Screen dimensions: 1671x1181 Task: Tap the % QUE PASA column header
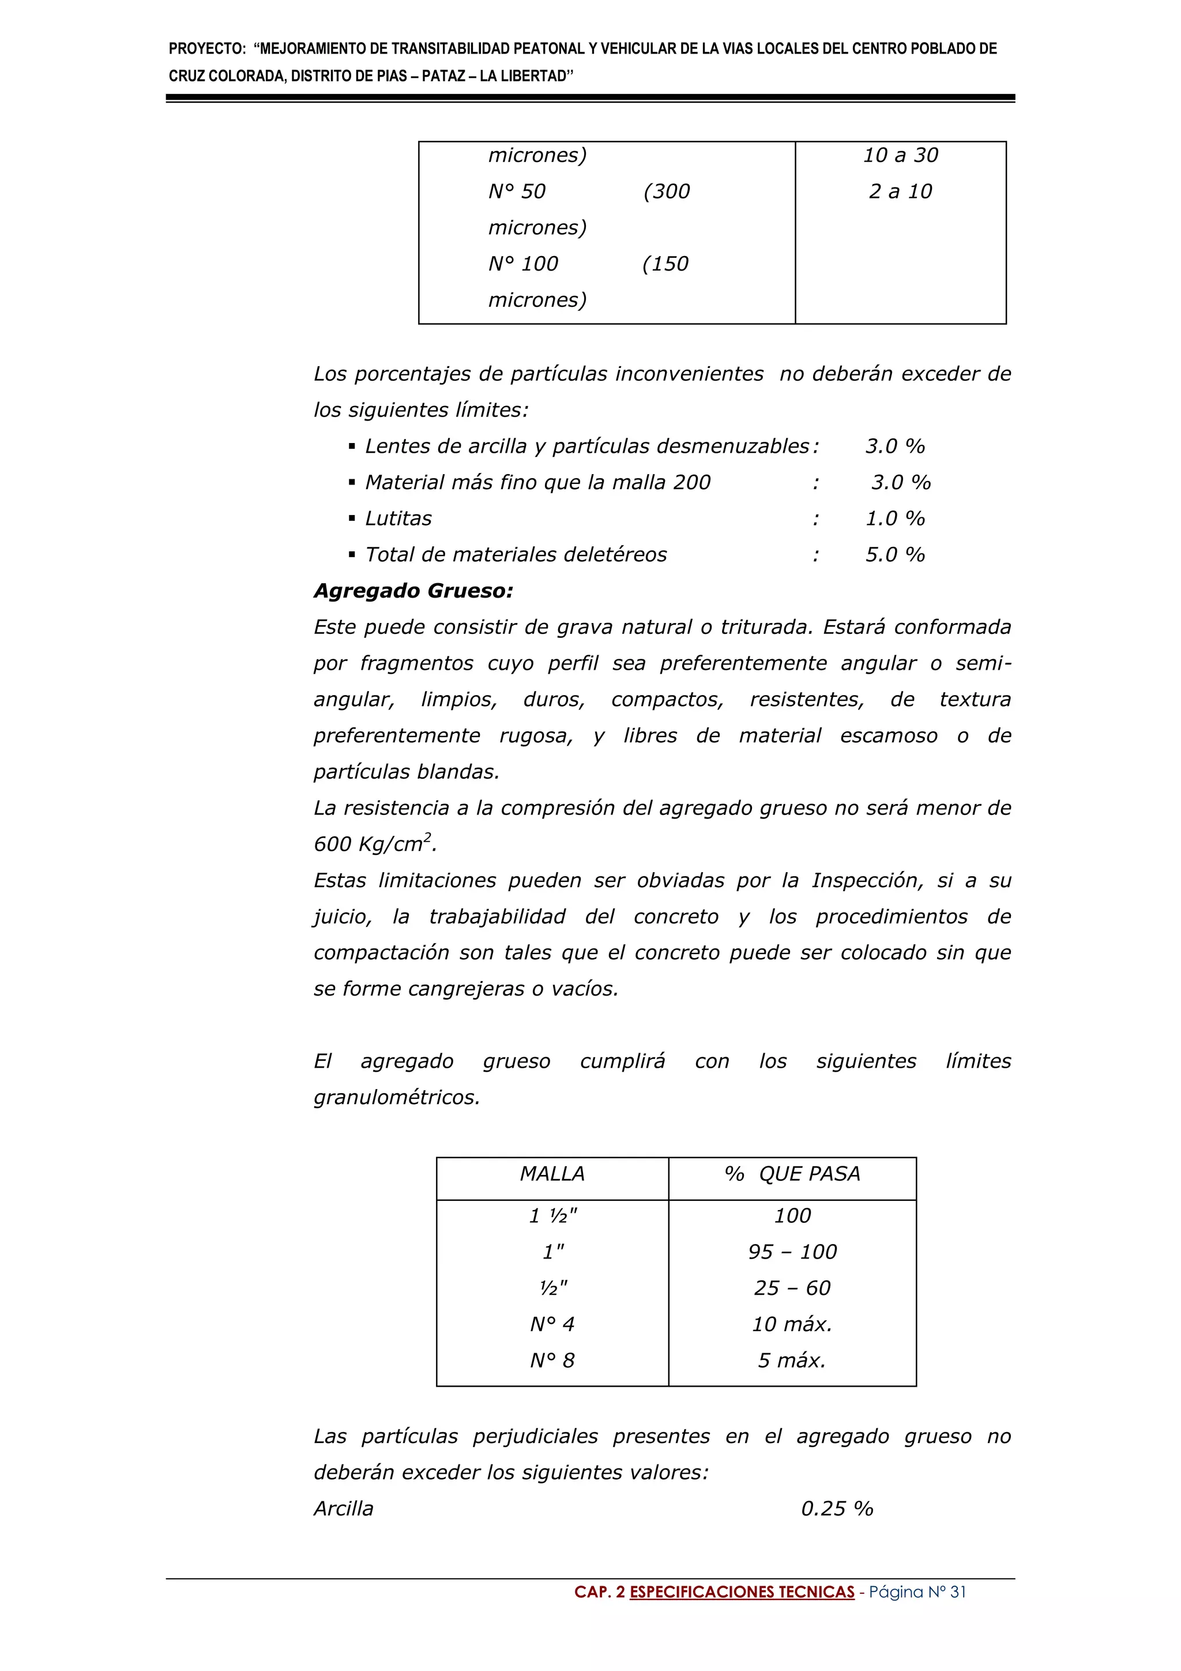(792, 1173)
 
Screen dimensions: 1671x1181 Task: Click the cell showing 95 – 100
(792, 1251)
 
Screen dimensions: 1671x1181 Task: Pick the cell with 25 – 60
(792, 1287)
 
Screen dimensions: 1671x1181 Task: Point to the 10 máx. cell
(792, 1324)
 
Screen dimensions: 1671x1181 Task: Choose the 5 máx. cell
(792, 1360)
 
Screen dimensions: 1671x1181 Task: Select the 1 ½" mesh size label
(552, 1215)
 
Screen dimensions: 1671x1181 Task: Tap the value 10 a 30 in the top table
(900, 155)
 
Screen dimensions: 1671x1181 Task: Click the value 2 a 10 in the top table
(900, 191)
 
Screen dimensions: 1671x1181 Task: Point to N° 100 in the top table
(523, 264)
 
